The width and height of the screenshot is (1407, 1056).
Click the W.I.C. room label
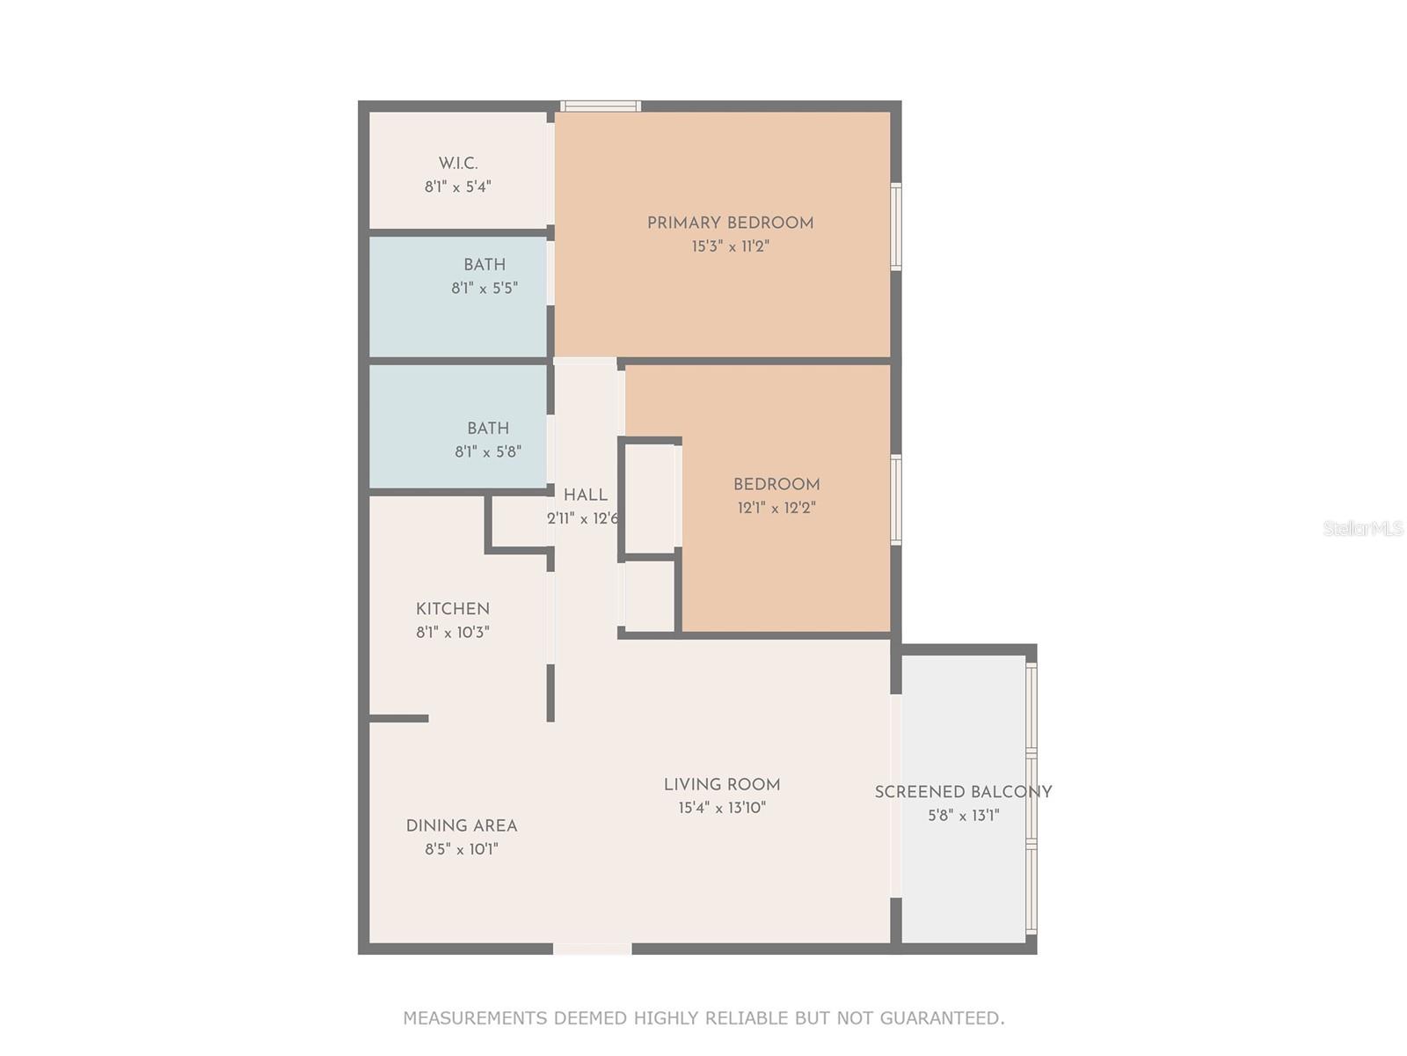point(458,164)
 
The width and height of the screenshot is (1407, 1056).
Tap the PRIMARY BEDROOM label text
point(730,224)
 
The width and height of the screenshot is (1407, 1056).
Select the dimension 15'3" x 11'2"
point(730,247)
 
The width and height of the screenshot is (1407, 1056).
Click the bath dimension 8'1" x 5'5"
point(485,289)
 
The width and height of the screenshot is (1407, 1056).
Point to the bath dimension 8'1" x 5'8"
point(488,452)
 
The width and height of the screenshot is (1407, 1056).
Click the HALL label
point(585,495)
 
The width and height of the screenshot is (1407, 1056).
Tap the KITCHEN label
point(452,609)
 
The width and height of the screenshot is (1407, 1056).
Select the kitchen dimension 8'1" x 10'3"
point(452,633)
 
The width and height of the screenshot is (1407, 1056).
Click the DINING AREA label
point(461,826)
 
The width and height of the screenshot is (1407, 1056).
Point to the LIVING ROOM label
point(722,785)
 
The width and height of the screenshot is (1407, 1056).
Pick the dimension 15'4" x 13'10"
point(722,809)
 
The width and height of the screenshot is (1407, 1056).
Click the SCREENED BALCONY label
point(963,792)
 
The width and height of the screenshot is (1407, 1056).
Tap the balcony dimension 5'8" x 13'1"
point(963,816)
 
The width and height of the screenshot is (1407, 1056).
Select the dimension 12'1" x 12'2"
point(776,509)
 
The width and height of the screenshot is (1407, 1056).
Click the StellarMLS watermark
point(1362,529)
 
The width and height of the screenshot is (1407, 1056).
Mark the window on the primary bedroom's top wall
point(601,106)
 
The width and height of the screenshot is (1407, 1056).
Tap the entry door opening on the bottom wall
point(592,949)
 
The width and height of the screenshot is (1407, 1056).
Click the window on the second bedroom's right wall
point(896,499)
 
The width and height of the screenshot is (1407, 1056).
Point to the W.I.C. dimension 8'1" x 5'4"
point(457,187)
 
